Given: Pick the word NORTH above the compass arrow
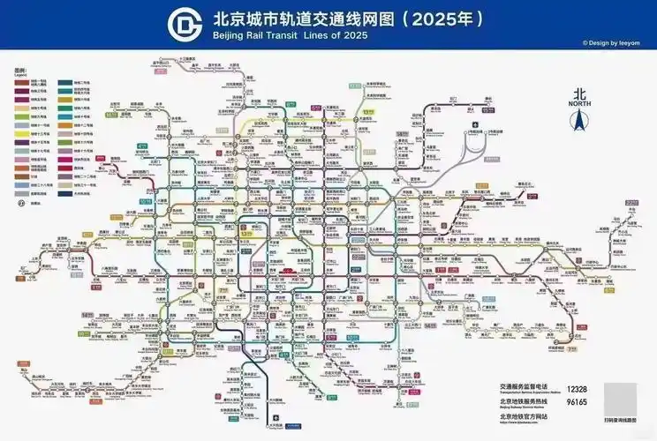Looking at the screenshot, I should click(579, 103).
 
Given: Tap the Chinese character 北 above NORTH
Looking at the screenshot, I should click(579, 93).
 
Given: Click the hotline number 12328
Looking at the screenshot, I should click(577, 388).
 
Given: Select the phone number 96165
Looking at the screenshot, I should click(577, 402).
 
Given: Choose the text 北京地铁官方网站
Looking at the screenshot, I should click(525, 415).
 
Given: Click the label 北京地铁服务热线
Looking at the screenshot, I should click(525, 401).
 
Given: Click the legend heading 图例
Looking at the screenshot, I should click(19, 70).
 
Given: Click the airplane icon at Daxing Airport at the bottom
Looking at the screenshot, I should click(276, 417).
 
